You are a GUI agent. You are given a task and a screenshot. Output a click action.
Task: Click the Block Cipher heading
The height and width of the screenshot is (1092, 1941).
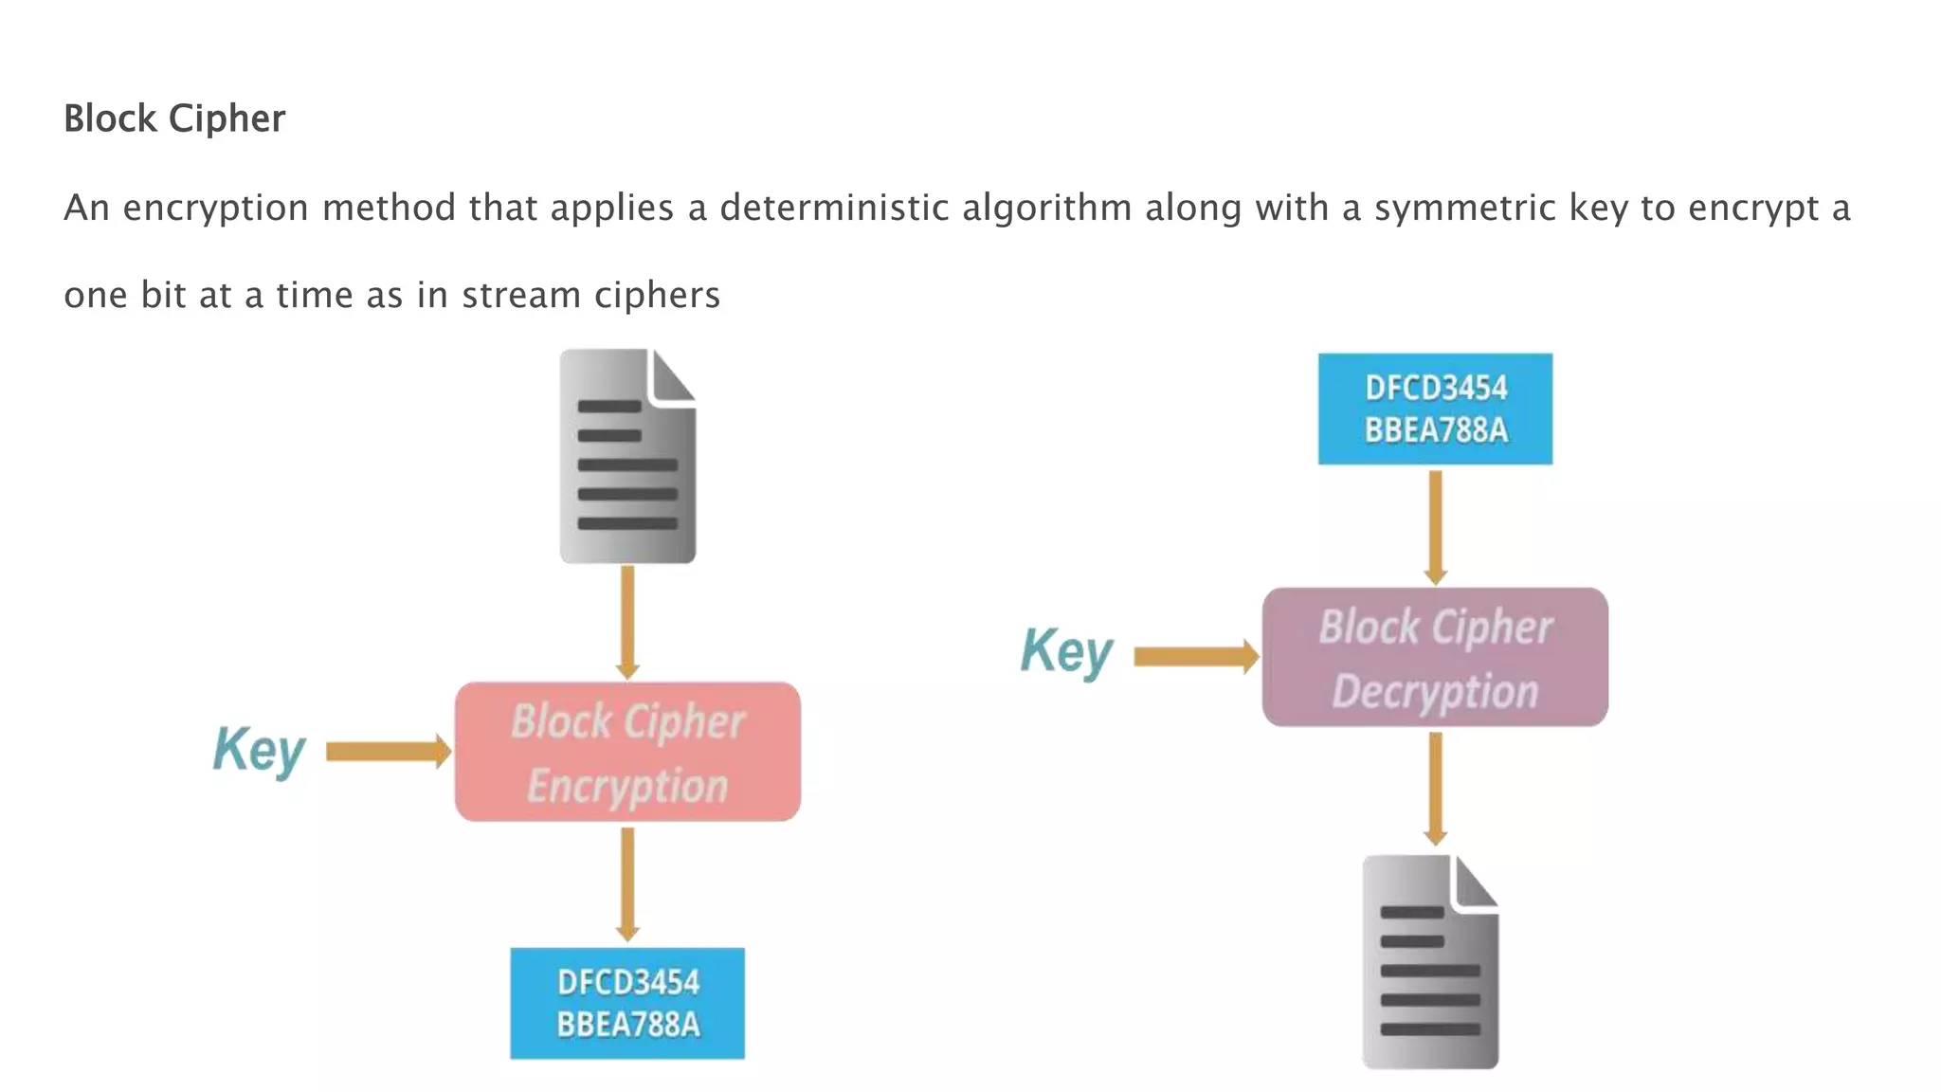(x=173, y=118)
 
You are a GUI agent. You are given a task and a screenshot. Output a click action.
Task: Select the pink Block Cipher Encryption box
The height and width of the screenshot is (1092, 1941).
(x=627, y=752)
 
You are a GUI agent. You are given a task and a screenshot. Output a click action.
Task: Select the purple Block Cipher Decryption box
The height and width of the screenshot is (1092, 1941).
(x=1435, y=657)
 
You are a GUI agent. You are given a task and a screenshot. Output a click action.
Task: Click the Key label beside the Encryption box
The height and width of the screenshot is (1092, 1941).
(x=259, y=750)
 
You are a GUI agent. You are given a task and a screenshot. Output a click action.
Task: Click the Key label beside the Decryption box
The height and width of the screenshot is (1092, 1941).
(x=1066, y=651)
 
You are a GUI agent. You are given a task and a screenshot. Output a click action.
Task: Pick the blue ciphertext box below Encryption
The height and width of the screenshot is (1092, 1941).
(x=627, y=1003)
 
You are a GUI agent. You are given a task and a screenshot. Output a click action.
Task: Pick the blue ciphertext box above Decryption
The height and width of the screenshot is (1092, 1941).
(x=1435, y=409)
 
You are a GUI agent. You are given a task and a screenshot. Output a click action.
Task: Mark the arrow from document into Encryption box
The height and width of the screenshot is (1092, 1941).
(x=627, y=622)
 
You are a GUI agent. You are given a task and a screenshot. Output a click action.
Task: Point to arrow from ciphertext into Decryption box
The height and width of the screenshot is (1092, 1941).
(x=1436, y=527)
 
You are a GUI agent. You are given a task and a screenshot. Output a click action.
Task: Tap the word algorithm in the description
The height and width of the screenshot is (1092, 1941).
(x=1047, y=208)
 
